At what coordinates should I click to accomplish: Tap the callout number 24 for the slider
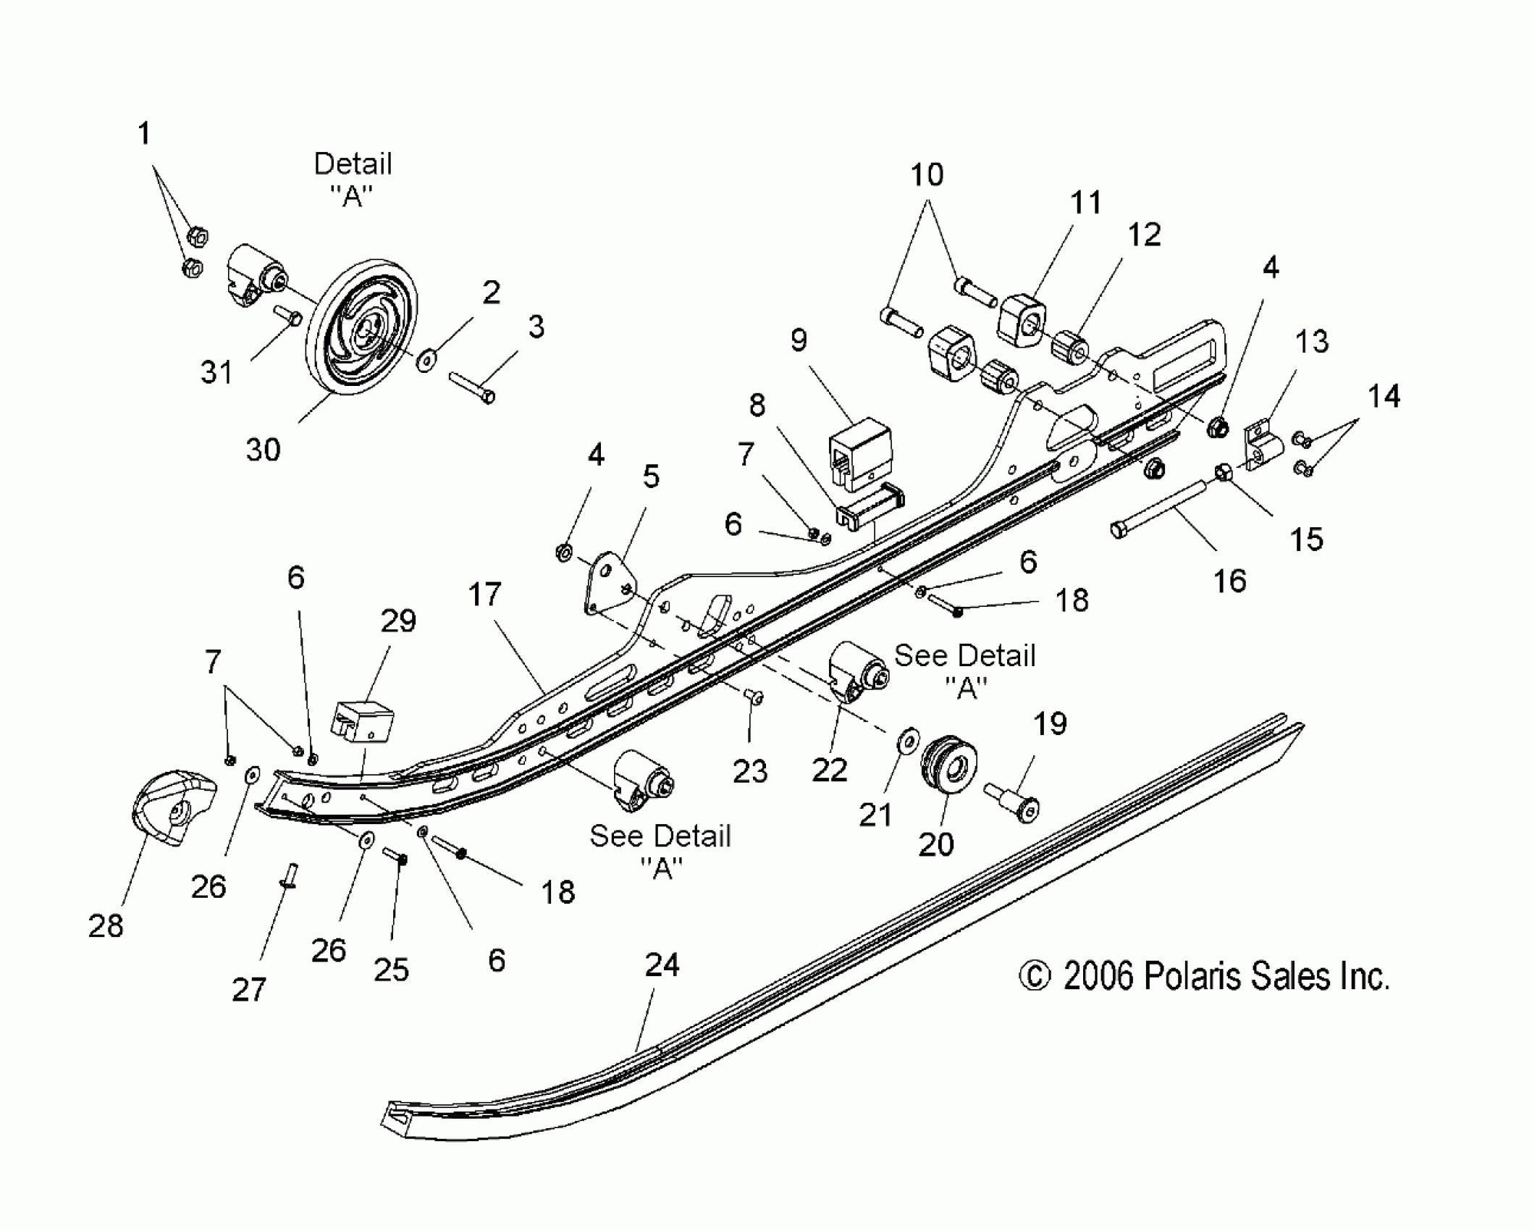point(662,965)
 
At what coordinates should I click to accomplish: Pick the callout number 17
point(484,595)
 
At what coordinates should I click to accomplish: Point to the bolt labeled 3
point(471,387)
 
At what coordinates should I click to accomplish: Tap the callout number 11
point(1085,203)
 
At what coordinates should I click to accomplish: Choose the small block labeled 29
point(363,721)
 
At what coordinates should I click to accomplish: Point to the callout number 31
point(216,373)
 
